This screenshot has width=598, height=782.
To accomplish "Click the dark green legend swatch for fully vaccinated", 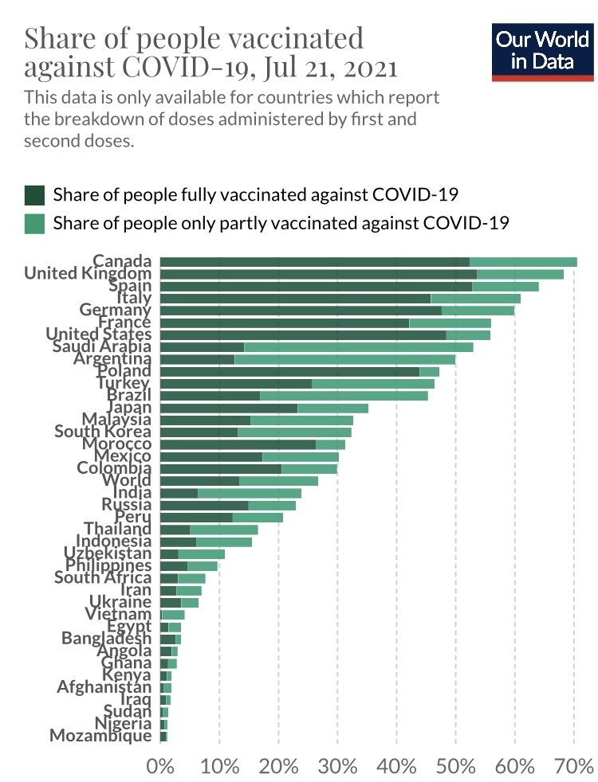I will click(34, 195).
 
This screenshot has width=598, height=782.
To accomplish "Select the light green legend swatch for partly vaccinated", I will click(34, 222).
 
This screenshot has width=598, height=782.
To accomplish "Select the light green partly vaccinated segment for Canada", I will click(523, 262).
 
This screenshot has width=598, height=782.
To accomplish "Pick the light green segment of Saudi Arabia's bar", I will click(358, 347).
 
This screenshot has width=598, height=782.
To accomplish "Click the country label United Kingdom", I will click(88, 273).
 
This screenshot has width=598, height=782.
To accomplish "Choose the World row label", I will click(127, 480).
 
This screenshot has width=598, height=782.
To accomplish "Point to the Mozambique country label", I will click(100, 736).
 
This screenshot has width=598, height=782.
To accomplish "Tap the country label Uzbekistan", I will click(108, 553).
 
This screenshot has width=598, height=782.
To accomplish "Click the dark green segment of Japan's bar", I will click(229, 408).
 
